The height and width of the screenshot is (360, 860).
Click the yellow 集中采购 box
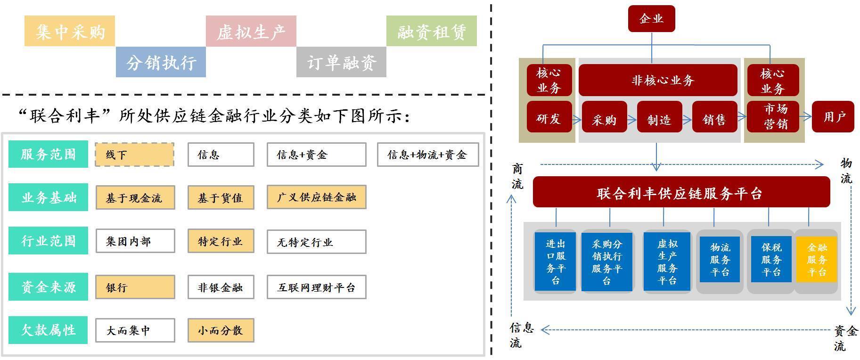coord(70,31)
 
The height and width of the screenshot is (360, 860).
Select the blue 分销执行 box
coord(161,62)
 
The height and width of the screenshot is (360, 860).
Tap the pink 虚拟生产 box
coord(251,31)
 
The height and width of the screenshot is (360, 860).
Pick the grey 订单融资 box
coord(341,62)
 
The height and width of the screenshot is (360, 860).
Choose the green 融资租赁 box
coord(431,31)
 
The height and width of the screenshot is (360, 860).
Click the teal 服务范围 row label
coord(48,154)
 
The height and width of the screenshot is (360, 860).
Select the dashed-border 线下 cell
coord(134,155)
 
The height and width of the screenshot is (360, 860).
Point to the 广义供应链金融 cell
coord(316,197)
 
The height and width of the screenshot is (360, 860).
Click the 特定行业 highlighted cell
coord(221,241)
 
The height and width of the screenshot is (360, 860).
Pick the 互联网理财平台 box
coord(316,287)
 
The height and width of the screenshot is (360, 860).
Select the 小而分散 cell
coord(221,330)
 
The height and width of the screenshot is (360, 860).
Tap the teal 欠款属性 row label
coord(48,330)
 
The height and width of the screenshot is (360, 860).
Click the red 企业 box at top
coord(651,19)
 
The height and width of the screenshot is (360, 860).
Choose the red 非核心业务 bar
coord(657,80)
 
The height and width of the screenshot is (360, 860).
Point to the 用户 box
coord(833,116)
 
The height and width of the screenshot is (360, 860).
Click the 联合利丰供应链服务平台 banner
coord(681,192)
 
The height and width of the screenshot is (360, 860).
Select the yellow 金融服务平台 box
coord(817,260)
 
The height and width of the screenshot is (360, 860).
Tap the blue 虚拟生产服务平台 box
coord(667,262)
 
